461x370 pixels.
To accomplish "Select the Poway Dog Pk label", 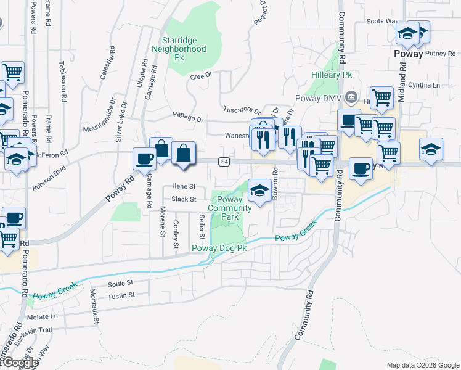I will [x=219, y=248].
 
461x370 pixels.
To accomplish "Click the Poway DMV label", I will [x=324, y=97].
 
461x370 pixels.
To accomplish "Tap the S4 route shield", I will [x=225, y=162].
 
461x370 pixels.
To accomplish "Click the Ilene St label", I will [x=184, y=186].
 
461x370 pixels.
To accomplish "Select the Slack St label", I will [x=184, y=199].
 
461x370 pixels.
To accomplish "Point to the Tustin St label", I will [x=121, y=296].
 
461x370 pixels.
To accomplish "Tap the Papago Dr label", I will [x=188, y=118].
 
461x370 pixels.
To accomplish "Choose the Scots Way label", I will [x=382, y=21].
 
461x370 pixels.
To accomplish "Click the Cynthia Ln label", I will [x=428, y=85].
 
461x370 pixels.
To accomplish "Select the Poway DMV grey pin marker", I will [x=351, y=96].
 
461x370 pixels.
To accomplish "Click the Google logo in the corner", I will [x=20, y=363].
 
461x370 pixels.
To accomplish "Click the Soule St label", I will [x=121, y=283].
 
